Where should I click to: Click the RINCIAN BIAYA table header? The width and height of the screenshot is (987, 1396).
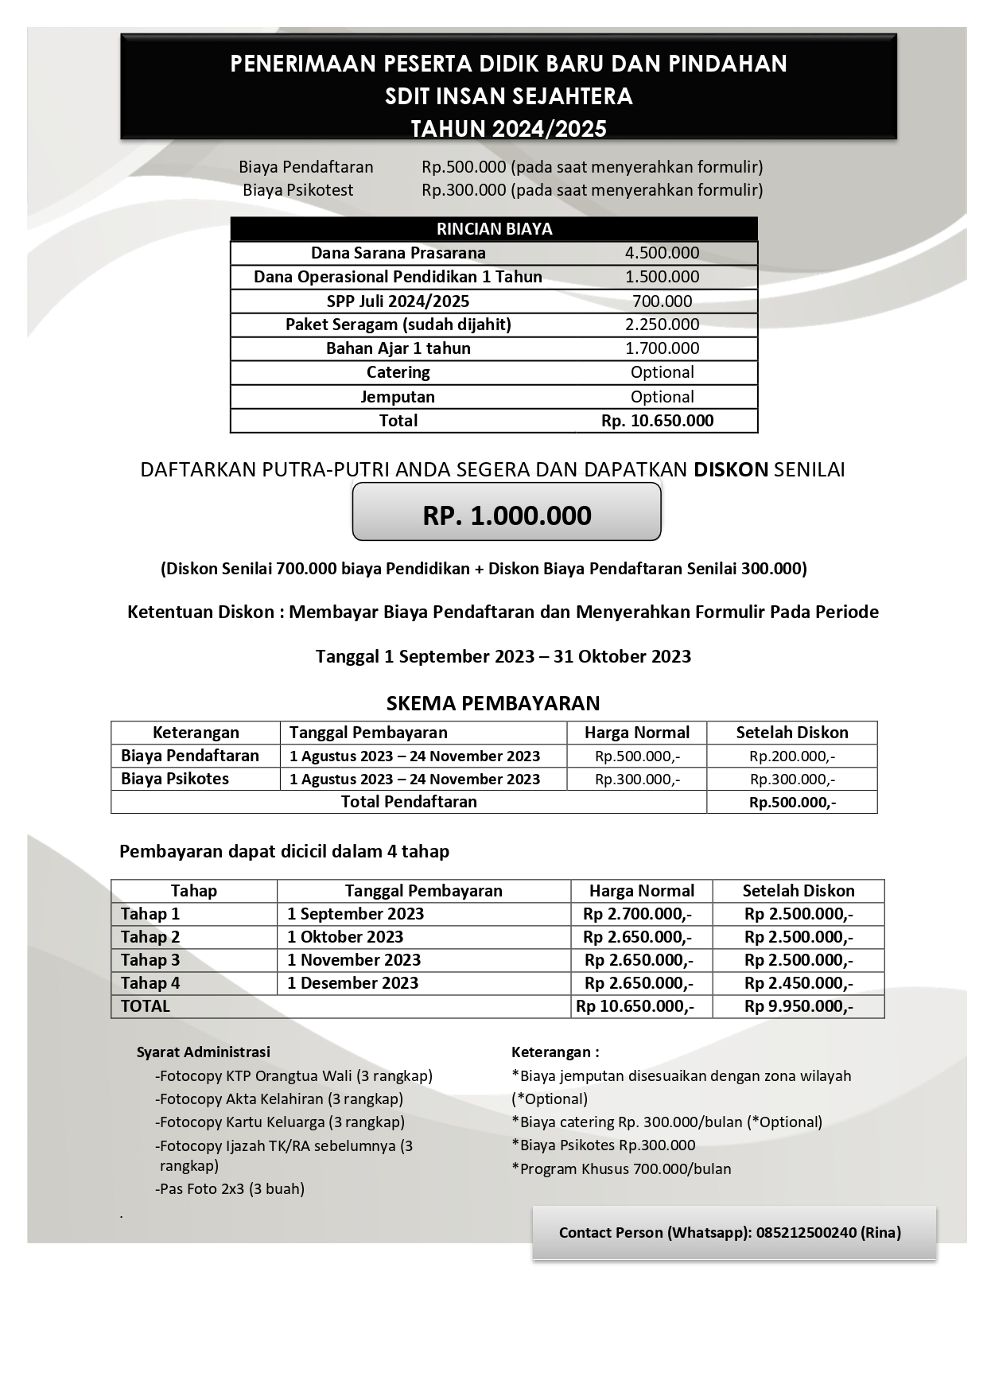click(x=494, y=229)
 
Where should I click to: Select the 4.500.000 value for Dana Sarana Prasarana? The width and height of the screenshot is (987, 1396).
click(x=662, y=253)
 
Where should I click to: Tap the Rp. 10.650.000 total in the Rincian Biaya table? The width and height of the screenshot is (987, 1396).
click(x=657, y=421)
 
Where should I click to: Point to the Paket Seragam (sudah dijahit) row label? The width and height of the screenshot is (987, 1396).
click(x=398, y=325)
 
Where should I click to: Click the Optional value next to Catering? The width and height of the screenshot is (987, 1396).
click(x=662, y=372)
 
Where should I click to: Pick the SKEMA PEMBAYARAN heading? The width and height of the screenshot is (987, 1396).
click(x=493, y=703)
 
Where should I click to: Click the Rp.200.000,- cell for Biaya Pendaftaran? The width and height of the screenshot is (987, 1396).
click(x=791, y=756)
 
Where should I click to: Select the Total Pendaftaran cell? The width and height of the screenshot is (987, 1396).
click(x=409, y=802)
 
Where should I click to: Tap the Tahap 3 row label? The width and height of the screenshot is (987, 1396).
click(x=150, y=960)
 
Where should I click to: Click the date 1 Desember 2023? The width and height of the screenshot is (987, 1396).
click(x=352, y=983)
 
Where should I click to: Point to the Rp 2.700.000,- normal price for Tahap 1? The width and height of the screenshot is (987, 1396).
click(x=637, y=914)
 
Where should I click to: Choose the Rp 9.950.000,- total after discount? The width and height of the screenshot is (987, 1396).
click(x=799, y=1006)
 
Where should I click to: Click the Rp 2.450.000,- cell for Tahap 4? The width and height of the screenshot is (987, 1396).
click(x=799, y=983)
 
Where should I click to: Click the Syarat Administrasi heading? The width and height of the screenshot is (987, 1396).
click(x=204, y=1052)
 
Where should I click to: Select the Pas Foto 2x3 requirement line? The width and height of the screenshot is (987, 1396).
click(x=231, y=1189)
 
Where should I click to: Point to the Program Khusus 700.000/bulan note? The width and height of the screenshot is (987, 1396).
click(x=621, y=1169)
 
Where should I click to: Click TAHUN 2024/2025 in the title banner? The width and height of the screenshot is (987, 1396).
click(x=508, y=129)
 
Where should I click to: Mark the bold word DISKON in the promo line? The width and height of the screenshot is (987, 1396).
click(x=730, y=469)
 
